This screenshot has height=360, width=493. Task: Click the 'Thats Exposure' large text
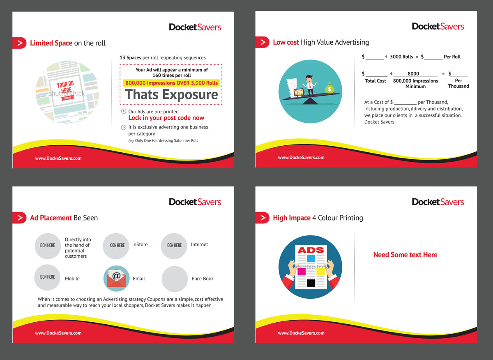pyautogui.click(x=171, y=95)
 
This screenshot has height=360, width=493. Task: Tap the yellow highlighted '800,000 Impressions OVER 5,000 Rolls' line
pyautogui.click(x=171, y=83)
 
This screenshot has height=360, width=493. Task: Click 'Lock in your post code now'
pyautogui.click(x=166, y=118)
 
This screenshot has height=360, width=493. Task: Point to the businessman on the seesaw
pyautogui.click(x=309, y=84)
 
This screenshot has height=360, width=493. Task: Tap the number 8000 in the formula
pyautogui.click(x=413, y=74)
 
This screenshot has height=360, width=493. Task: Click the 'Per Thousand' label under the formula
pyautogui.click(x=458, y=83)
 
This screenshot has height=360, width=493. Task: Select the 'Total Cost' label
pyautogui.click(x=376, y=81)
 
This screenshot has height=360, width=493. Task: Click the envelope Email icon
pyautogui.click(x=116, y=278)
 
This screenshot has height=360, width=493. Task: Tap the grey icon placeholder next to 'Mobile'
pyautogui.click(x=47, y=277)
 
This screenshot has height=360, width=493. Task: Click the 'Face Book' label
pyautogui.click(x=203, y=278)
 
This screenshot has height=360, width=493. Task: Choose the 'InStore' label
pyautogui.click(x=140, y=245)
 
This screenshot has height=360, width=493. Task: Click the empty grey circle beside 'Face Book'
pyautogui.click(x=175, y=279)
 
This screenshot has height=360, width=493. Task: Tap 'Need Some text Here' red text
pyautogui.click(x=405, y=255)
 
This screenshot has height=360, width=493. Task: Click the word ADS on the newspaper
pyautogui.click(x=311, y=250)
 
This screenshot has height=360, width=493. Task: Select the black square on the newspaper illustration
pyautogui.click(x=311, y=283)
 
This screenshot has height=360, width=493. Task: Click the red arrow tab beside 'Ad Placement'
pyautogui.click(x=19, y=218)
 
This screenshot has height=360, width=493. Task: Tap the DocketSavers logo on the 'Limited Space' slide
pyautogui.click(x=195, y=27)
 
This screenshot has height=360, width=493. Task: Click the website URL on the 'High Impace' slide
pyautogui.click(x=301, y=333)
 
